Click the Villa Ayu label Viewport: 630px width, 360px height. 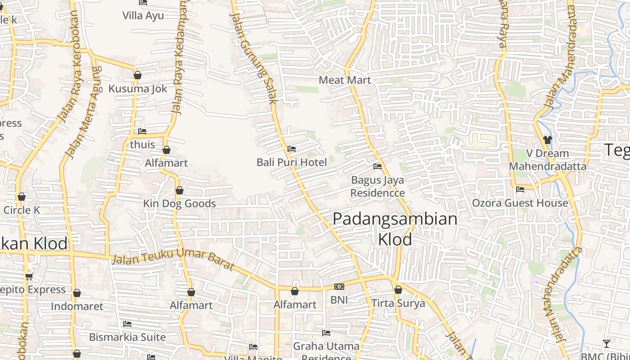(x=143, y=16)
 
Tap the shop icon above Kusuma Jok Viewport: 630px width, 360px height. (x=138, y=75)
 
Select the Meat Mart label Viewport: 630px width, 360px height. (x=345, y=80)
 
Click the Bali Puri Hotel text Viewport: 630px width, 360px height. (x=292, y=162)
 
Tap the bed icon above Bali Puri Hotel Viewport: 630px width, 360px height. (x=292, y=149)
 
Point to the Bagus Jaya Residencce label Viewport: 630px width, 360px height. (x=378, y=186)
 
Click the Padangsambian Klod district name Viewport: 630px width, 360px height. (x=395, y=229)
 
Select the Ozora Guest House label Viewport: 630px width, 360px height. (x=520, y=203)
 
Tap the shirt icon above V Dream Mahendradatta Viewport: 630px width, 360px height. (x=547, y=140)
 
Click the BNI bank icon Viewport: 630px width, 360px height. (x=339, y=287)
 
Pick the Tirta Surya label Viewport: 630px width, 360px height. (x=398, y=303)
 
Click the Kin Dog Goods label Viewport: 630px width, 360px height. (x=180, y=204)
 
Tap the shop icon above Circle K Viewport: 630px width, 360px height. (x=22, y=197)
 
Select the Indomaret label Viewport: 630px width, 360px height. (x=77, y=306)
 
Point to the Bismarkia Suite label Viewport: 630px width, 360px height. (x=127, y=337)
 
